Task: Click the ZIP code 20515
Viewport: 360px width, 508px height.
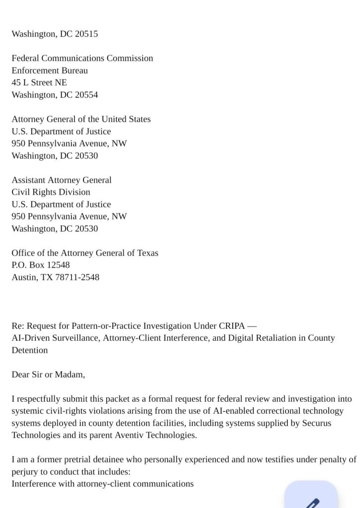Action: coord(86,34)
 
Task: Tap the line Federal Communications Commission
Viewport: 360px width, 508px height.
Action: coord(82,59)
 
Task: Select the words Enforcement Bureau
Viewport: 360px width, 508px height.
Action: coord(50,70)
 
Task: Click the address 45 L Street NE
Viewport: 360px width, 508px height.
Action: coord(39,83)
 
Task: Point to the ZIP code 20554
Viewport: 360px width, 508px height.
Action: coord(86,95)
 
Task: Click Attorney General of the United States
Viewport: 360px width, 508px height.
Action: coord(81,119)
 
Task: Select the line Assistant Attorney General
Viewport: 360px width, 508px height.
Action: coord(62,180)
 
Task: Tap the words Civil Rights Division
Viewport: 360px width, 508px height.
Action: coord(51,192)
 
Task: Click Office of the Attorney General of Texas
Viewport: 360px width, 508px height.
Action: coord(85,253)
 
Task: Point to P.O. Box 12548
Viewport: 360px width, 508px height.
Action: coord(41,265)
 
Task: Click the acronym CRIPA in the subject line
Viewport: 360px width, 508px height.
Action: coord(231,326)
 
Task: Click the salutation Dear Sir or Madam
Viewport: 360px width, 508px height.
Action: coord(48,375)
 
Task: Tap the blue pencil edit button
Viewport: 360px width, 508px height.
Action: coord(311,499)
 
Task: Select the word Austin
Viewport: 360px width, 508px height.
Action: coord(23,277)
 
